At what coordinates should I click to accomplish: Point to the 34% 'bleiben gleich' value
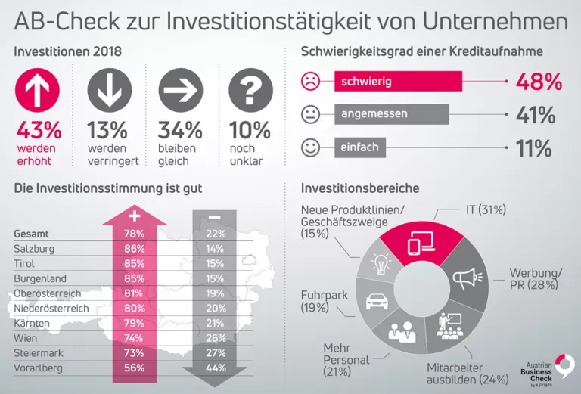(x=180, y=129)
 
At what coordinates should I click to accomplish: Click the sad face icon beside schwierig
(x=310, y=80)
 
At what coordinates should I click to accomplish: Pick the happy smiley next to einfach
(x=310, y=147)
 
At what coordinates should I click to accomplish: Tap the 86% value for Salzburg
(x=135, y=248)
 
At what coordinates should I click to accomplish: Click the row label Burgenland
(x=40, y=278)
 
